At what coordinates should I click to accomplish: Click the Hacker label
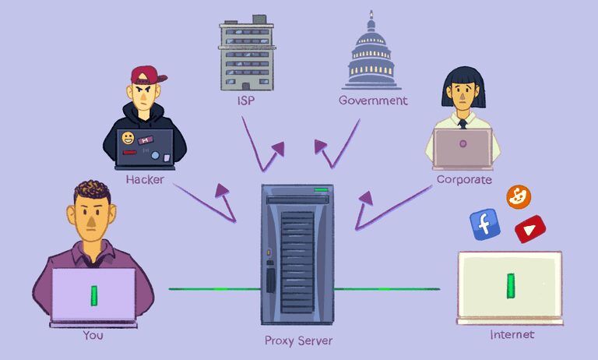tap(143, 179)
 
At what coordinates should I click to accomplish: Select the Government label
tap(373, 101)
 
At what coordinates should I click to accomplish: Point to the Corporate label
tap(464, 180)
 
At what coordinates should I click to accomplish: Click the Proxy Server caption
tap(298, 341)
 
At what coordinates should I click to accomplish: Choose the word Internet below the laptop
tap(512, 335)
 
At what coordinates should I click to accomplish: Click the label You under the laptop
tap(93, 336)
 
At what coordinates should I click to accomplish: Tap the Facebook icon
tap(484, 224)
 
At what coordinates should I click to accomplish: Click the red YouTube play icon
tap(530, 228)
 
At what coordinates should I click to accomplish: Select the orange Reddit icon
tap(518, 197)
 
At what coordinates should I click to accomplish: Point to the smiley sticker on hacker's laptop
tap(127, 139)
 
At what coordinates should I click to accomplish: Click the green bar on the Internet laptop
tap(511, 285)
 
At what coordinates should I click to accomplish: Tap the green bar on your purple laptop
tap(93, 295)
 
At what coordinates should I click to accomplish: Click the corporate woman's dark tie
tap(463, 123)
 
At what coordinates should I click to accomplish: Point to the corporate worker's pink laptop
tap(462, 148)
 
